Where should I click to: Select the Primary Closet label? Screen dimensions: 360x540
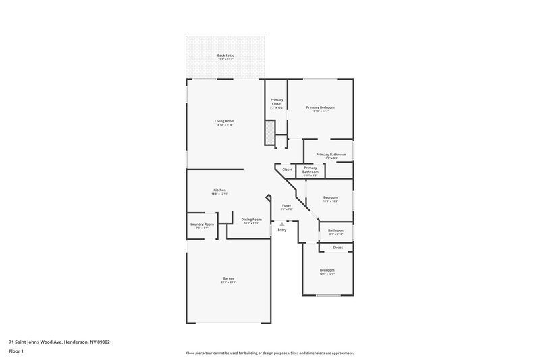[277, 102]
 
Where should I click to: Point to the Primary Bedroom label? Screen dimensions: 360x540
[320, 107]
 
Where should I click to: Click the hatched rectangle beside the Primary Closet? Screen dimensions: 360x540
[270, 132]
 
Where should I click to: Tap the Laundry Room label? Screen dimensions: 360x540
[202, 224]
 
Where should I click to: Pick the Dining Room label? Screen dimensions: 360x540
[252, 220]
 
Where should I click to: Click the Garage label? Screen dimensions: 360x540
[229, 278]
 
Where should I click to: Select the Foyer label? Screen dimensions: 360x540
[286, 205]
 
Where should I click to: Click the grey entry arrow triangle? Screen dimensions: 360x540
[282, 224]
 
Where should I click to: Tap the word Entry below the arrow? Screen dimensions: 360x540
[282, 230]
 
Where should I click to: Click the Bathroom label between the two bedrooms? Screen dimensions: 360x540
[336, 230]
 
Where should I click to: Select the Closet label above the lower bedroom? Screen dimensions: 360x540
[337, 247]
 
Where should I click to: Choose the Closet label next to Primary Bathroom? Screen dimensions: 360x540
[288, 170]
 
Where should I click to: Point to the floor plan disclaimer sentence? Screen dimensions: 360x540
[270, 353]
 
